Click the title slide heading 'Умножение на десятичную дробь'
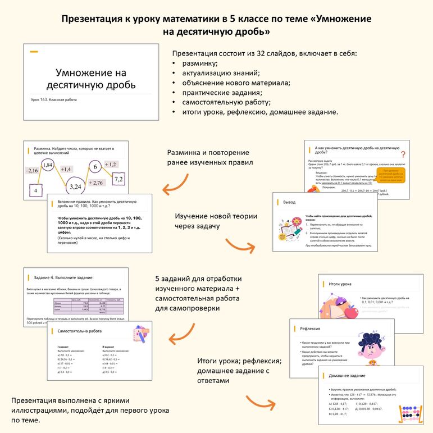tap(90, 79)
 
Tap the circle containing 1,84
tap(48, 165)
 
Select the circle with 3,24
tap(75, 186)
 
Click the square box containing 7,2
tap(118, 179)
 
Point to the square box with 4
tap(35, 191)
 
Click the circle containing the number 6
tap(95, 167)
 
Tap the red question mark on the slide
tap(403, 154)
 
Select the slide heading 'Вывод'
tap(289, 202)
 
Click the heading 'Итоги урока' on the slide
tap(341, 284)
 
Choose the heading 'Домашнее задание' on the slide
tap(347, 376)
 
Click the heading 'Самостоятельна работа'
tap(80, 331)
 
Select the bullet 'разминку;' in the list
tap(200, 63)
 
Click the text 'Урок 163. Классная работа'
tap(54, 100)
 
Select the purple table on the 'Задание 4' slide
tap(90, 307)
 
